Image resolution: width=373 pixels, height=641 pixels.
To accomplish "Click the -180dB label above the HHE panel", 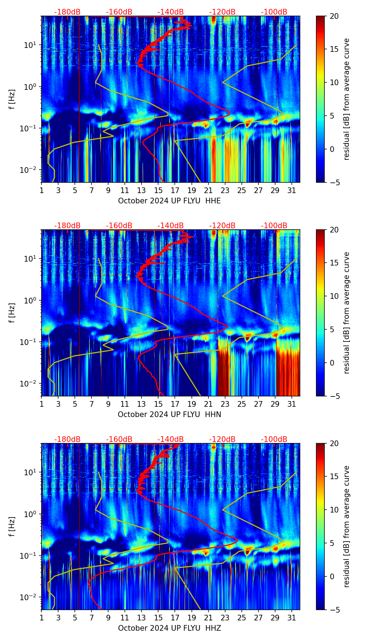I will [x=67, y=12].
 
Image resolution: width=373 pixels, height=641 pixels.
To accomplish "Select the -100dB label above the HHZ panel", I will [x=274, y=439].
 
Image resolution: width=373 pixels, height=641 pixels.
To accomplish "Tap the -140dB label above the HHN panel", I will [x=171, y=226].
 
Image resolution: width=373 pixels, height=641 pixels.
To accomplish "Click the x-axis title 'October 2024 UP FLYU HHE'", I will [x=169, y=201].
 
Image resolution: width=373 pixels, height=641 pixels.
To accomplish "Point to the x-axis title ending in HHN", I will [x=169, y=415].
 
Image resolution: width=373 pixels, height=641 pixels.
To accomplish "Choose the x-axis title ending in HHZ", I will [x=169, y=628].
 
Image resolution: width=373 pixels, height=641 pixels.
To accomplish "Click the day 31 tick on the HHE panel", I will [x=292, y=190].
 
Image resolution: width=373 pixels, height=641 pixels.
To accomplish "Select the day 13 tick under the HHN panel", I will [x=141, y=404].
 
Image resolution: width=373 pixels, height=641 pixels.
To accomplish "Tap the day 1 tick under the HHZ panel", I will [x=42, y=618].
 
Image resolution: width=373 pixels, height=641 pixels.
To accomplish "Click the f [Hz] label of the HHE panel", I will [x=12, y=99].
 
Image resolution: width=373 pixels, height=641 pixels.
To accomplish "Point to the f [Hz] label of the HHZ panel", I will [x=12, y=527].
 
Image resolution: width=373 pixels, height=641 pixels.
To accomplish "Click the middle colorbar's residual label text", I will [x=346, y=313].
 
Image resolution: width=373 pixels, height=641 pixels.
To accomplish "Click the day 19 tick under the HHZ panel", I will [x=192, y=618].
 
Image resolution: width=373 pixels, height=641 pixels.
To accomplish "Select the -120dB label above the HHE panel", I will [x=222, y=12].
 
